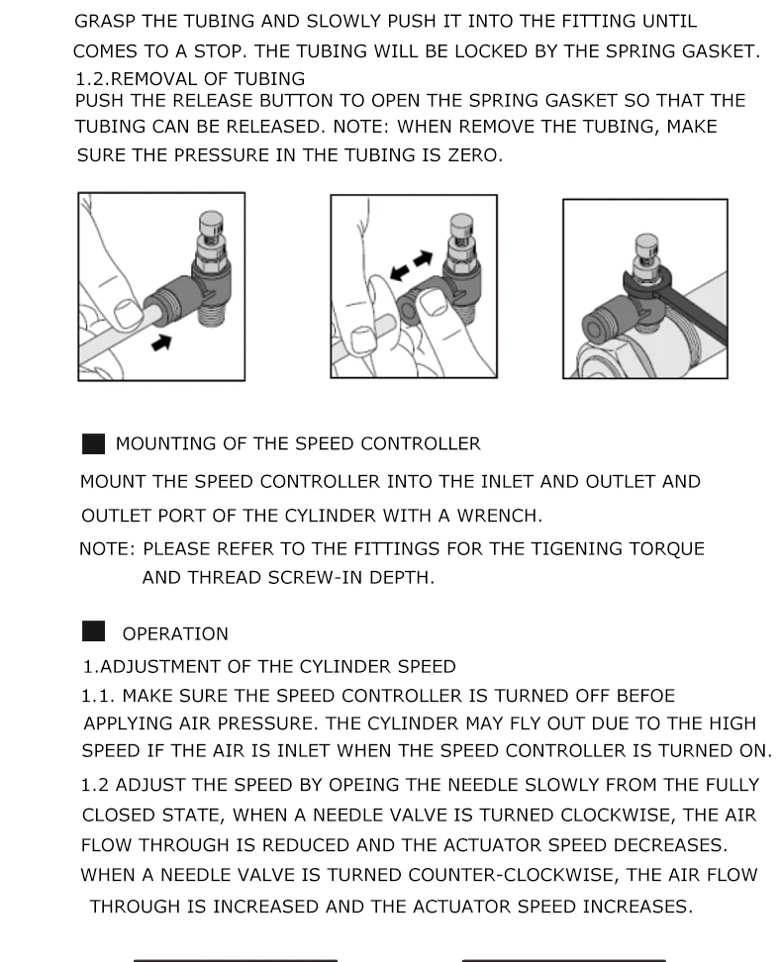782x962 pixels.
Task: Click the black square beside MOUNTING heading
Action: (x=93, y=443)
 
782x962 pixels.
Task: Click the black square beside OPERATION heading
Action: (x=93, y=631)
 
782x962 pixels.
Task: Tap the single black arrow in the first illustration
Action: (x=161, y=342)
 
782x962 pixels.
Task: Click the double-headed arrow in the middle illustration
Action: (x=411, y=265)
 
